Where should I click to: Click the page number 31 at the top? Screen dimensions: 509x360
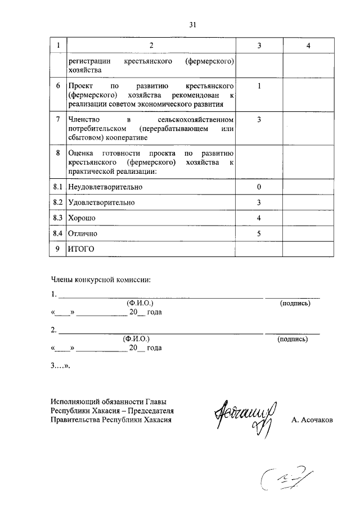click(192, 24)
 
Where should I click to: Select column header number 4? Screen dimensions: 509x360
click(308, 46)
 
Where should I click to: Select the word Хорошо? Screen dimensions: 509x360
click(82, 218)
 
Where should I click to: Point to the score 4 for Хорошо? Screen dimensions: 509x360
click(259, 218)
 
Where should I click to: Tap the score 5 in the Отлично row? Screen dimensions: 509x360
click(259, 233)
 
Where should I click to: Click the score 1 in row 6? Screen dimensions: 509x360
click(259, 87)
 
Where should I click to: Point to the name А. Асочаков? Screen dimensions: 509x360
click(312, 420)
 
